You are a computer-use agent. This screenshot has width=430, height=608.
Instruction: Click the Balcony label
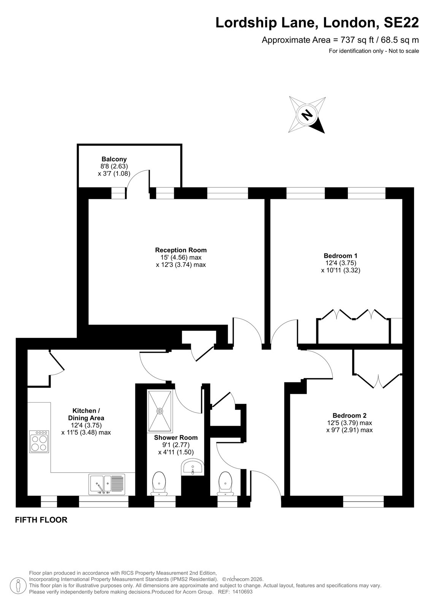click(114, 159)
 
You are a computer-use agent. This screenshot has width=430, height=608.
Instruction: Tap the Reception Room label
click(181, 250)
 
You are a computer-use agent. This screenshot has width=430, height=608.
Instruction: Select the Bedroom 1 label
click(340, 256)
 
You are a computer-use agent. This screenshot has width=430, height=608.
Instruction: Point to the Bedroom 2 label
click(349, 415)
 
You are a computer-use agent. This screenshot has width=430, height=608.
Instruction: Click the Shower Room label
click(176, 437)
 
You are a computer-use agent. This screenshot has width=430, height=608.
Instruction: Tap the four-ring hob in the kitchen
click(40, 442)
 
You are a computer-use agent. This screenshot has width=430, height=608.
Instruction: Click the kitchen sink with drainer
click(107, 484)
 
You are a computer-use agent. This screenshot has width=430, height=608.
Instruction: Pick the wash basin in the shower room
click(192, 467)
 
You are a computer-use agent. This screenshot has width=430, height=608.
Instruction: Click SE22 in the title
click(401, 22)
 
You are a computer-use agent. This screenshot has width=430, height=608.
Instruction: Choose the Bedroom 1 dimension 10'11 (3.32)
click(341, 270)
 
